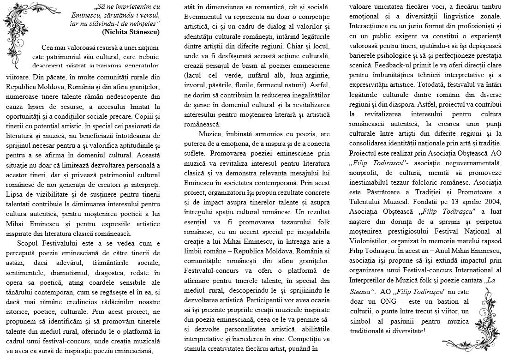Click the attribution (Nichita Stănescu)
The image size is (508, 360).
click(x=131, y=32)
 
